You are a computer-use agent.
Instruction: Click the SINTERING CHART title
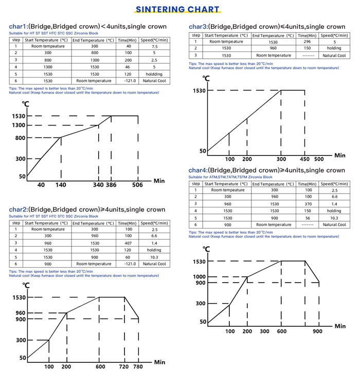click(x=177, y=9)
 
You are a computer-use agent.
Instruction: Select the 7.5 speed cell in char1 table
click(x=154, y=46)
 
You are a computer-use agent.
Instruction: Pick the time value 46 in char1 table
click(x=128, y=67)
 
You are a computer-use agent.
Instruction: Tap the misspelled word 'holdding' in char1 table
click(x=154, y=74)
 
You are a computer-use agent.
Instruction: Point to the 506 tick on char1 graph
click(x=137, y=185)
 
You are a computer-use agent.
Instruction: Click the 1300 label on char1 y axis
click(x=19, y=125)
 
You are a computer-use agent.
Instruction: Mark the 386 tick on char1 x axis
click(x=112, y=185)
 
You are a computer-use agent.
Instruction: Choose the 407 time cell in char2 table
click(x=128, y=243)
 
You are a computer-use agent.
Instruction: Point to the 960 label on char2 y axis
click(x=20, y=313)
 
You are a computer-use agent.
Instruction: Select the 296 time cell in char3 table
click(x=307, y=42)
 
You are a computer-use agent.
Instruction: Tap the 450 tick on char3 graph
click(x=304, y=159)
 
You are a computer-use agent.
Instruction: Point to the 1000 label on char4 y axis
click(x=199, y=277)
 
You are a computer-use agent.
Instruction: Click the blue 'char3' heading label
click(x=198, y=27)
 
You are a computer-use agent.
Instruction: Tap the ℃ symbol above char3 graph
click(x=206, y=78)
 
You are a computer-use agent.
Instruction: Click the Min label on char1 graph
click(x=159, y=181)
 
